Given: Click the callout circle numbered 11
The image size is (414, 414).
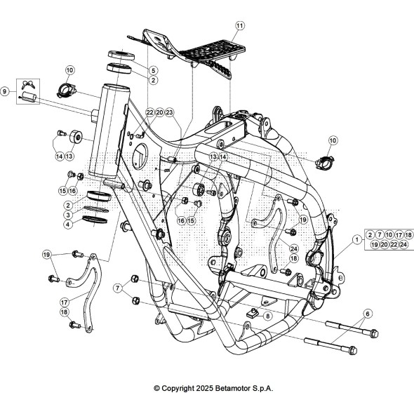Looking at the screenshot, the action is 240,26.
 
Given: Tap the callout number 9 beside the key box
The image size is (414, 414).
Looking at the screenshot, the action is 4,92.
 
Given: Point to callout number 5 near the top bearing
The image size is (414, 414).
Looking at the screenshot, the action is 154,70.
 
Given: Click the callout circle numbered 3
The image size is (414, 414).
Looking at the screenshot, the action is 68,215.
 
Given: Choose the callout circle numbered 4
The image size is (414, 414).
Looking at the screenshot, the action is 68,225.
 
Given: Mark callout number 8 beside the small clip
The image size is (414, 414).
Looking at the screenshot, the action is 268,316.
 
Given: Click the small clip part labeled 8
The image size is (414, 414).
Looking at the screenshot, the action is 253,313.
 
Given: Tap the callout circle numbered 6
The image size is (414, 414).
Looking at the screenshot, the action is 368,314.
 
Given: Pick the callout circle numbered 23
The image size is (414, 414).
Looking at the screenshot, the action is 169,112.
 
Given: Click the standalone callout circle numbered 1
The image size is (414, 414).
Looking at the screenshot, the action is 357,240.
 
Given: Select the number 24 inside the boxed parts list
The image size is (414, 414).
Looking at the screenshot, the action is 403,244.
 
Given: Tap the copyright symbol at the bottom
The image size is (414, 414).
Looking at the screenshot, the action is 157,389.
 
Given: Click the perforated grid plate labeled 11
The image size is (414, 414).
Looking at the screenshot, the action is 215,50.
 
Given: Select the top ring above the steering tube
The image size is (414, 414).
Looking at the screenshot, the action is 121,55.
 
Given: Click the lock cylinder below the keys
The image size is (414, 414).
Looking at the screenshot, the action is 29,97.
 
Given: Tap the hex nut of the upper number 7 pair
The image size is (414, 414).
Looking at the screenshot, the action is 135,279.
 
